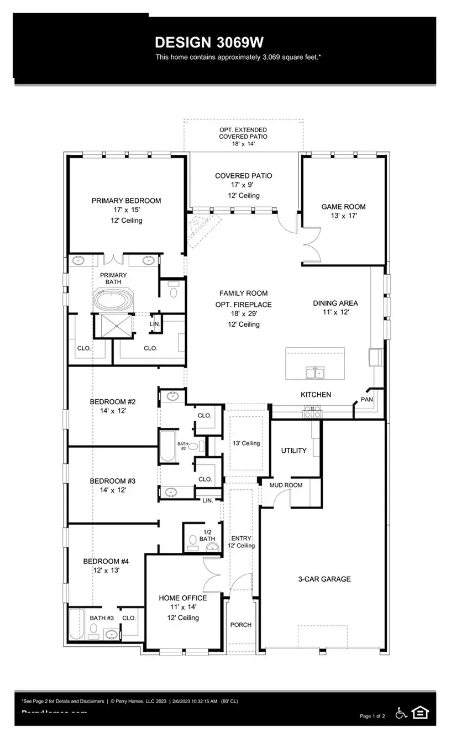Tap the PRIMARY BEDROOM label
click(x=126, y=201)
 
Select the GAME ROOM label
click(x=343, y=207)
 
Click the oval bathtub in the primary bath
click(x=113, y=300)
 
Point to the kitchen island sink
click(x=315, y=373)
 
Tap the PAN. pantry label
click(x=368, y=399)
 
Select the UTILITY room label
click(x=293, y=451)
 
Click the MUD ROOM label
click(x=286, y=485)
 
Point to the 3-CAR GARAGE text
click(x=325, y=579)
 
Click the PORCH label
click(x=240, y=625)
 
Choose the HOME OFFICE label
click(x=182, y=598)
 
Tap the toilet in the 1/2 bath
click(x=193, y=539)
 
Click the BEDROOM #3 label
click(x=113, y=481)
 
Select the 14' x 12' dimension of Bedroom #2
click(x=113, y=411)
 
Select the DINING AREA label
click(x=335, y=303)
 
